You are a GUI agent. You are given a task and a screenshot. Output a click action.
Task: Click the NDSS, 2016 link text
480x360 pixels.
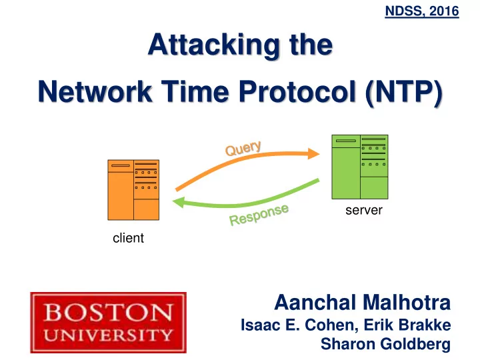(422, 11)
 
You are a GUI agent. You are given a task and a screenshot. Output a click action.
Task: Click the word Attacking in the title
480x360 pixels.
(214, 45)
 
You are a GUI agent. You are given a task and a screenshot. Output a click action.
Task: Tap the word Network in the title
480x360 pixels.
(95, 91)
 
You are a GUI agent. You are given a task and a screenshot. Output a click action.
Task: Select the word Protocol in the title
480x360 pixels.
(297, 91)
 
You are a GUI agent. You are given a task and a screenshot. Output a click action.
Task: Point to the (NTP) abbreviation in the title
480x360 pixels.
(404, 93)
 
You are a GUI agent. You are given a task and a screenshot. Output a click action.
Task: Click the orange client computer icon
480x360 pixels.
(133, 190)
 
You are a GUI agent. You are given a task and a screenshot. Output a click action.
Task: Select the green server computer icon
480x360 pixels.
(360, 167)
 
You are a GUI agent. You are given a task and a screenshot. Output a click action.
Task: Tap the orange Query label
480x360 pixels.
(243, 148)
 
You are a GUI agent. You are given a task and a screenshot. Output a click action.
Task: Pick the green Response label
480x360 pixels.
(259, 215)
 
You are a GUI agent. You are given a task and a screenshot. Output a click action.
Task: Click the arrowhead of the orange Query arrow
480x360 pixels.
(314, 154)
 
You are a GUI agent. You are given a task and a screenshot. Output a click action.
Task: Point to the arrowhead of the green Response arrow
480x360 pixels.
(178, 202)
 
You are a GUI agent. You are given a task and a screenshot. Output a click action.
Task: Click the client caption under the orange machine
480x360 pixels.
(128, 238)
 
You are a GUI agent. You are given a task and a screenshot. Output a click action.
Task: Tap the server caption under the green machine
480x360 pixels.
(364, 210)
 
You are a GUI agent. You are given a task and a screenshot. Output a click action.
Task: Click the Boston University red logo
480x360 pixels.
(109, 323)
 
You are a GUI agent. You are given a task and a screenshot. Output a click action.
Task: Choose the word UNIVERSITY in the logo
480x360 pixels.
(109, 335)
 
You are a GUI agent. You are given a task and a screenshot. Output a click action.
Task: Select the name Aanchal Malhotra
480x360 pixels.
(363, 303)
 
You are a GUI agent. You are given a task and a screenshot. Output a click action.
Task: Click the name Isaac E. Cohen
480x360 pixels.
(299, 325)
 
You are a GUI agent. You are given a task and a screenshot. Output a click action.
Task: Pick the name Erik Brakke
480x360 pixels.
(407, 325)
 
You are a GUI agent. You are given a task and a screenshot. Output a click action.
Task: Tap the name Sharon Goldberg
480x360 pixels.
(386, 344)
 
